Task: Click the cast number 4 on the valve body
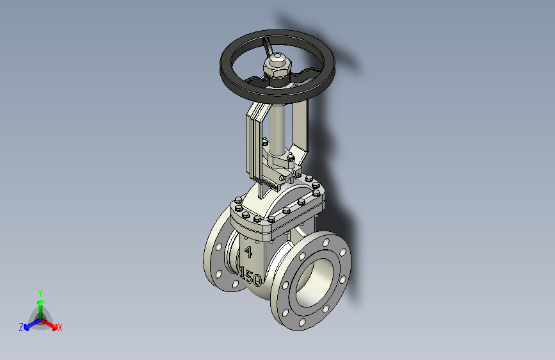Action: coord(248,252)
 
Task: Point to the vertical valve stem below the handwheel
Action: coord(278,127)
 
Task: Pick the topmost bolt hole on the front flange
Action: coord(326,242)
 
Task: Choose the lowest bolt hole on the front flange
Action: coord(302,322)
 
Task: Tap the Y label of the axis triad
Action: coord(40,293)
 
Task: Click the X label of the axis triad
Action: coord(60,328)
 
